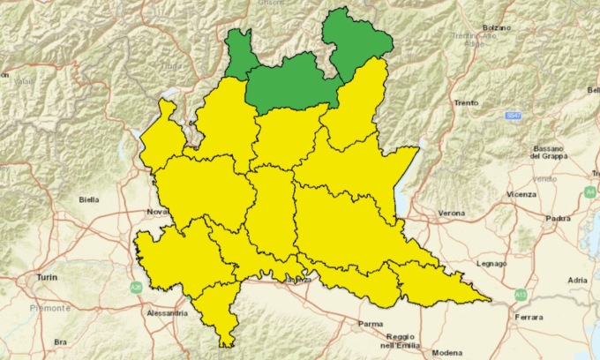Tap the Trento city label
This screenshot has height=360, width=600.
pyautogui.click(x=466, y=103)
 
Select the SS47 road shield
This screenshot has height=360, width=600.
pyautogui.click(x=513, y=116)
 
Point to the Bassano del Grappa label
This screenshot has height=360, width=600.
pyautogui.click(x=547, y=152)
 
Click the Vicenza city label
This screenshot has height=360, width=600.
pyautogui.click(x=521, y=192)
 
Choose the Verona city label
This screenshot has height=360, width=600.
pyautogui.click(x=453, y=213)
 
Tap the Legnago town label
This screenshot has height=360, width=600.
pyautogui.click(x=490, y=263)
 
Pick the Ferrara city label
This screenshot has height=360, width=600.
pyautogui.click(x=530, y=315)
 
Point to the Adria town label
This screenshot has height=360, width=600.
pyautogui.click(x=577, y=280)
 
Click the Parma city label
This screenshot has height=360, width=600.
pyautogui.click(x=370, y=325)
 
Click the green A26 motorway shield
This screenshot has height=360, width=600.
pyautogui.click(x=137, y=288)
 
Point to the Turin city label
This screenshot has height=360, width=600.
pyautogui.click(x=47, y=277)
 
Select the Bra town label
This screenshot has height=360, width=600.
pyautogui.click(x=61, y=341)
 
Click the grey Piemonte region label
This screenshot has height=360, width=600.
pyautogui.click(x=44, y=306)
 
